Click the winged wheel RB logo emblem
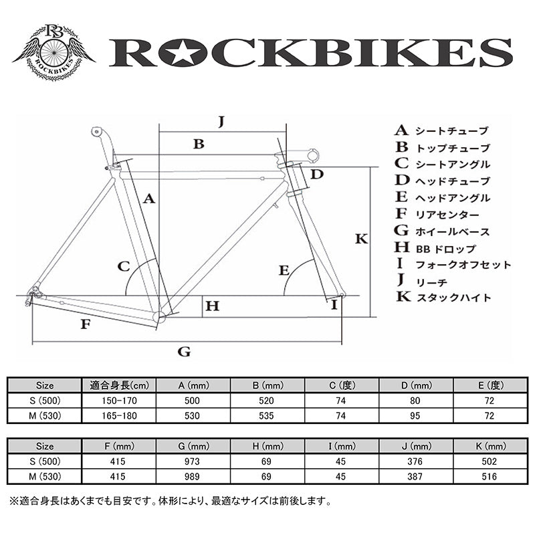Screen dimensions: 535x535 point(53,53)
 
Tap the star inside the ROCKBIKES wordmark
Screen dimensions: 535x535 point(181,53)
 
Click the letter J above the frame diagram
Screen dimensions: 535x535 point(221,121)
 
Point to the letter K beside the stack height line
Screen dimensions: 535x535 point(361,239)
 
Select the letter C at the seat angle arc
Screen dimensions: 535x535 point(124,266)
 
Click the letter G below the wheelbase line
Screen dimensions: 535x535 point(184,352)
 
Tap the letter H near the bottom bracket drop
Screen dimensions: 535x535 point(212,306)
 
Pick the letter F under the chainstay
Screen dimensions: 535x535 point(86,324)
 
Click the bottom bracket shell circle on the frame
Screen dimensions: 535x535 point(159,317)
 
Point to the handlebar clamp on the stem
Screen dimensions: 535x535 point(313,155)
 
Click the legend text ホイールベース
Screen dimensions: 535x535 point(453,231)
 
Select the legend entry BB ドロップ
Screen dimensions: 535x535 point(445,249)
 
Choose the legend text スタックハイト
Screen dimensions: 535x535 point(453,298)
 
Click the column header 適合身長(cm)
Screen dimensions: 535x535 point(120,386)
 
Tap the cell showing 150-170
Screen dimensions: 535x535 point(119,401)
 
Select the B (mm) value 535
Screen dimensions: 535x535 point(266,415)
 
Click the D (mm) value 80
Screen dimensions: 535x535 point(415,401)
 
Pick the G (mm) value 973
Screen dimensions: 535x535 point(192,461)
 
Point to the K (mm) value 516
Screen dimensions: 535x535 point(490,476)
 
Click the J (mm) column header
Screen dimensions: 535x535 point(415,446)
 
